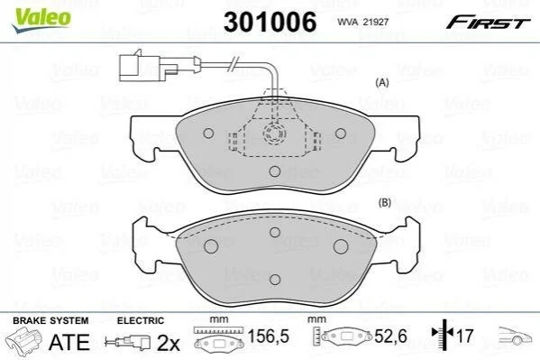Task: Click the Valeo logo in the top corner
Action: [x=41, y=19]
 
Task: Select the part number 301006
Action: [x=270, y=22]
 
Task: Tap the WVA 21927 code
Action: [x=362, y=22]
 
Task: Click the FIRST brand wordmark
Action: [x=488, y=23]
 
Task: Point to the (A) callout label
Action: [x=382, y=82]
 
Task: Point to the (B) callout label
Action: [x=384, y=202]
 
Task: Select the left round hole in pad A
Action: [x=209, y=134]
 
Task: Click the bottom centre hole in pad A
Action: [x=275, y=171]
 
